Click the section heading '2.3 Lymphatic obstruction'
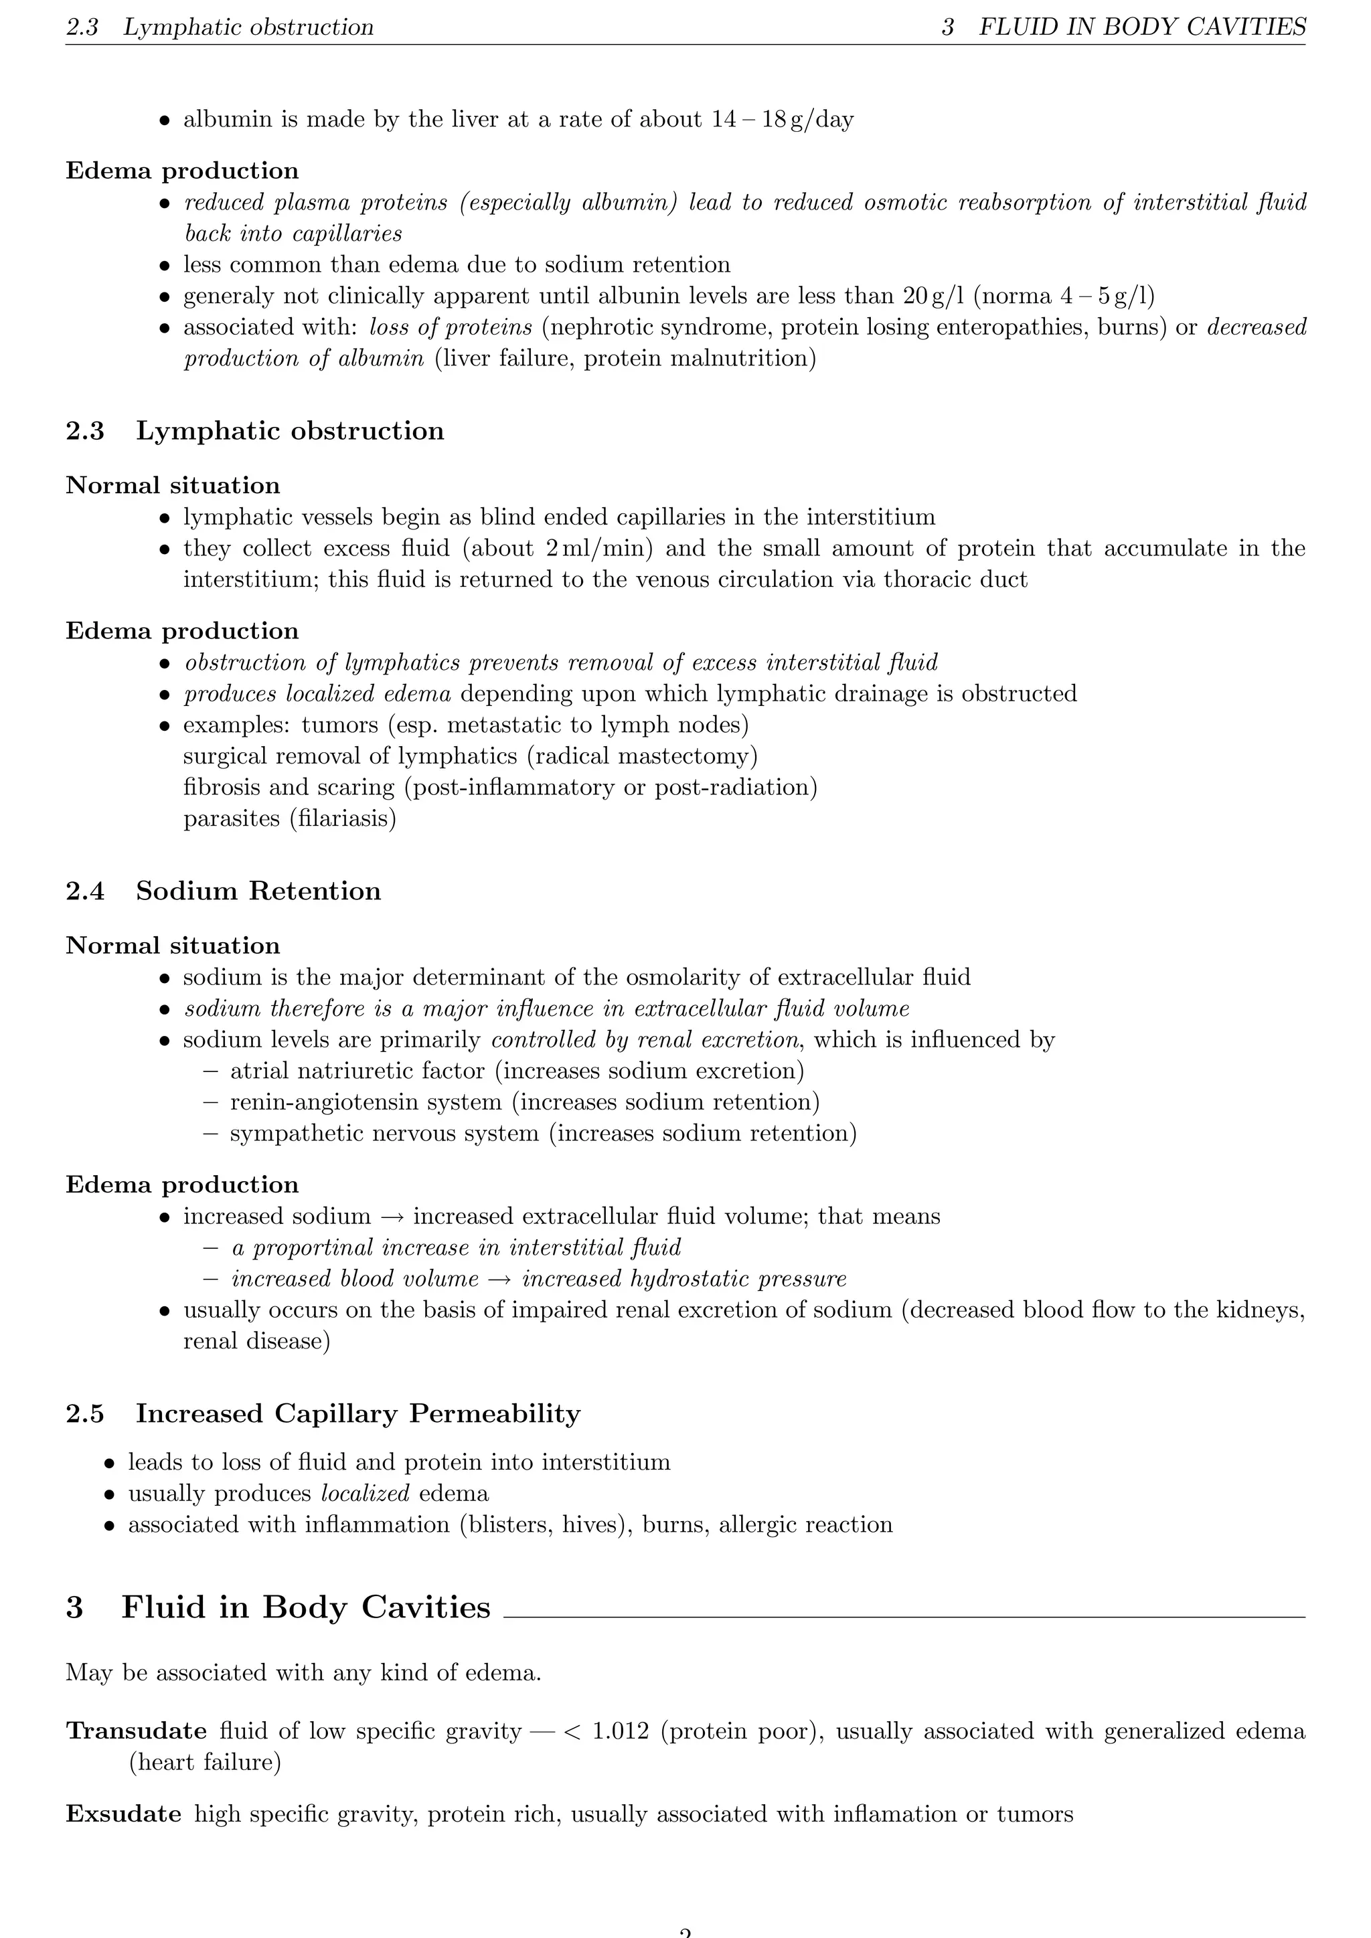[255, 432]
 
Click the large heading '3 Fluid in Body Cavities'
[278, 1607]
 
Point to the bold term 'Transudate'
[136, 1731]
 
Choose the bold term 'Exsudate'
[123, 1814]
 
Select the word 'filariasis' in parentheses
[343, 818]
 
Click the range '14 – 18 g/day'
[782, 120]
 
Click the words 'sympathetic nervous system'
[384, 1134]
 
